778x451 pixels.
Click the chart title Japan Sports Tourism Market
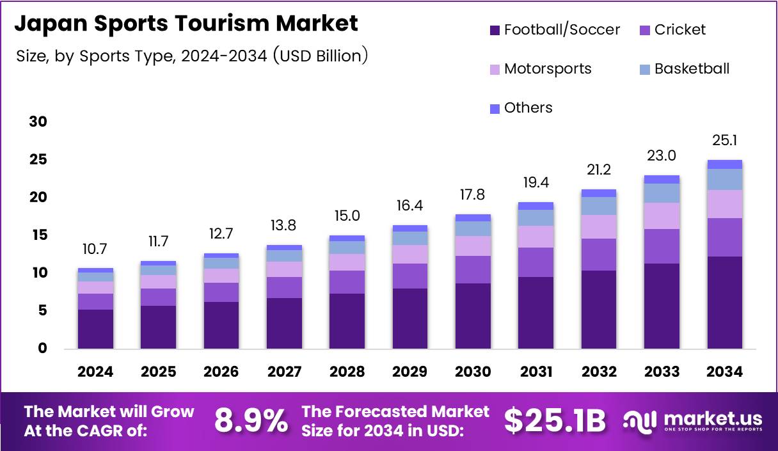tap(186, 24)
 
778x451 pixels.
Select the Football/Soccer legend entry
tap(554, 30)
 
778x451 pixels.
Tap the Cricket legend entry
tap(672, 30)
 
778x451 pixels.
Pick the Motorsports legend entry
tap(540, 69)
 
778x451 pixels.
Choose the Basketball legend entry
tap(684, 69)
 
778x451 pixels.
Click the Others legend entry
tap(521, 108)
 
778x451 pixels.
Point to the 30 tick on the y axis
tap(38, 122)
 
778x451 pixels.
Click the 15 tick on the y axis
tap(38, 235)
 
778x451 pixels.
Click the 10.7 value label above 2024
tap(95, 249)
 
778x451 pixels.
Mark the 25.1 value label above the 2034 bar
tap(725, 141)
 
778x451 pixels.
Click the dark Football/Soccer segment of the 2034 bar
tap(725, 303)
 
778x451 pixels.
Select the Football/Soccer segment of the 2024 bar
tap(95, 329)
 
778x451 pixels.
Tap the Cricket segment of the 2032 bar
tap(599, 255)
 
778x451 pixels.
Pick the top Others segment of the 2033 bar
tap(662, 179)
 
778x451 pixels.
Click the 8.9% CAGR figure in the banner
tap(251, 421)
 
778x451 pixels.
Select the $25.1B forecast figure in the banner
tap(554, 421)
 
